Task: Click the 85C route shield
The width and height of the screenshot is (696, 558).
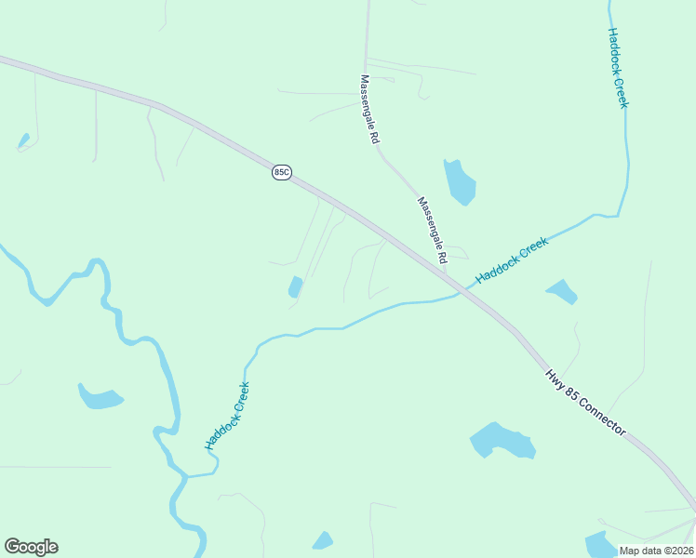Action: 282,173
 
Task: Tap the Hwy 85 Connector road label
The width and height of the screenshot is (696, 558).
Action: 585,403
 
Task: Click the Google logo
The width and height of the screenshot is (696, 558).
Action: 31,547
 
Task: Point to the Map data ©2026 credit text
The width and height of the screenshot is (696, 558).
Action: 656,551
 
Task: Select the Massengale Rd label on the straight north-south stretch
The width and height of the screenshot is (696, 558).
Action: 369,109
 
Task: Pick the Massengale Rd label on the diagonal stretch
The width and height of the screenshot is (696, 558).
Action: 433,229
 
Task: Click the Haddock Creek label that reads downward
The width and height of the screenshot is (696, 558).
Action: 618,67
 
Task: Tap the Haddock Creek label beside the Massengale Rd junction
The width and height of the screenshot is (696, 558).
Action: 512,260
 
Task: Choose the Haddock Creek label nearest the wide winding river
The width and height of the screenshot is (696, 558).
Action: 227,416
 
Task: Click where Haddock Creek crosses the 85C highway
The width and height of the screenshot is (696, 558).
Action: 465,289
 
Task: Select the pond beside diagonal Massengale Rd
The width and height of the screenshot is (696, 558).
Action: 460,181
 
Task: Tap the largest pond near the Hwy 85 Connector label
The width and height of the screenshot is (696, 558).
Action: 502,440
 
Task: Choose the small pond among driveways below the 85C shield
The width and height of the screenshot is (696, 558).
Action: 296,286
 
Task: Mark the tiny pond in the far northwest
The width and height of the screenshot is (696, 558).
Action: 23,141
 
